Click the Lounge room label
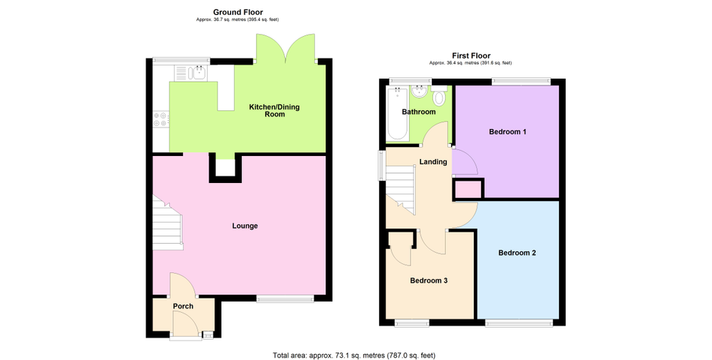tap(245, 226)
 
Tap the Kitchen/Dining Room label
tap(274, 110)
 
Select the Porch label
tap(183, 306)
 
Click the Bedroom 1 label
tap(507, 132)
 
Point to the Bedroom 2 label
tap(517, 253)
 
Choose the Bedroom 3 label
tap(429, 280)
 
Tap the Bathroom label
tap(419, 112)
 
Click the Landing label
tap(433, 162)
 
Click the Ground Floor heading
tap(238, 12)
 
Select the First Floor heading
tap(471, 55)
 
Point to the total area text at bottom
tap(355, 355)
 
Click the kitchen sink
tap(199, 73)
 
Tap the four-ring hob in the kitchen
tap(160, 119)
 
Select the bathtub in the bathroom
tap(397, 114)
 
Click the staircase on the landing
tap(400, 190)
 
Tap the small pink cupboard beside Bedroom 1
tap(468, 189)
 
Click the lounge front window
tap(285, 298)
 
